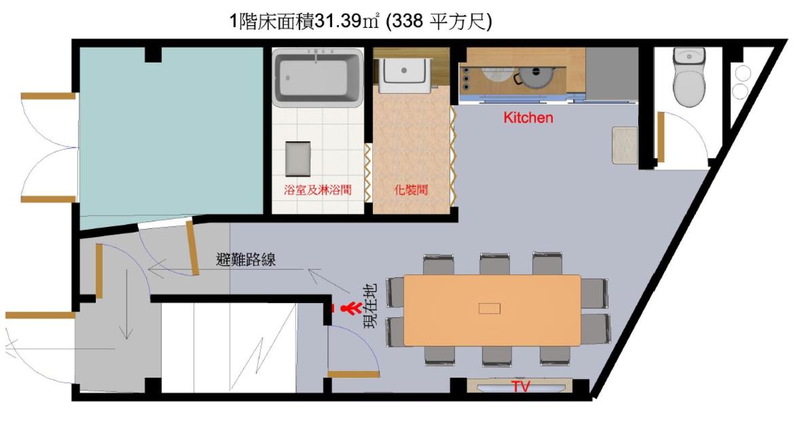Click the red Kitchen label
point(528,118)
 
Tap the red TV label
point(521,387)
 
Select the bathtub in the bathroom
point(318,78)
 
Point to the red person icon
point(351,308)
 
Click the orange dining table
point(492,310)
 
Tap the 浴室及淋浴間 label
point(318,190)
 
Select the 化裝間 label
point(411,190)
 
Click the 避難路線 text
point(246,260)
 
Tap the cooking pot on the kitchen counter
point(534,77)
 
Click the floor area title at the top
point(361,22)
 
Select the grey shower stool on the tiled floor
point(297,159)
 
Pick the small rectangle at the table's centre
point(490,308)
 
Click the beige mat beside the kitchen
point(625,145)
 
